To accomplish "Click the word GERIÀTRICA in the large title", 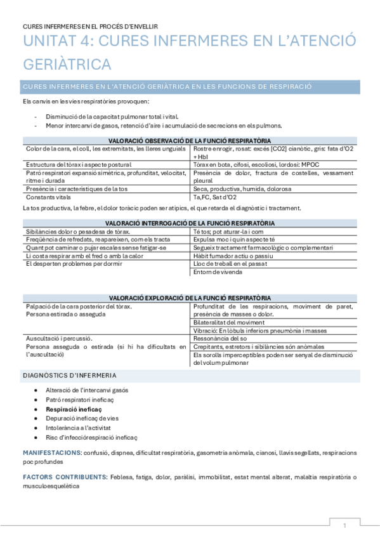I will coord(67,64).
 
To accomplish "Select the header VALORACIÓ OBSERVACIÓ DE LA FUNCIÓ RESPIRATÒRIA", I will coord(190,140).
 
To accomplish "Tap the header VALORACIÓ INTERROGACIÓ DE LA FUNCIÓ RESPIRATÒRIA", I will coord(190,223).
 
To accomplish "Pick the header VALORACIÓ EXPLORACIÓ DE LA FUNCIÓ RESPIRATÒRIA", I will coord(190,298).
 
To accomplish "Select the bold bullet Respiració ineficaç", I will coord(74,410).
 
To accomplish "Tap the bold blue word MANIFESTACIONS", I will coord(51,452).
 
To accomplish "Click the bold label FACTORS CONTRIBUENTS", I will coord(64,476).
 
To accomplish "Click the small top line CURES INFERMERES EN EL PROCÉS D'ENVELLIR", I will coord(90,26).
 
